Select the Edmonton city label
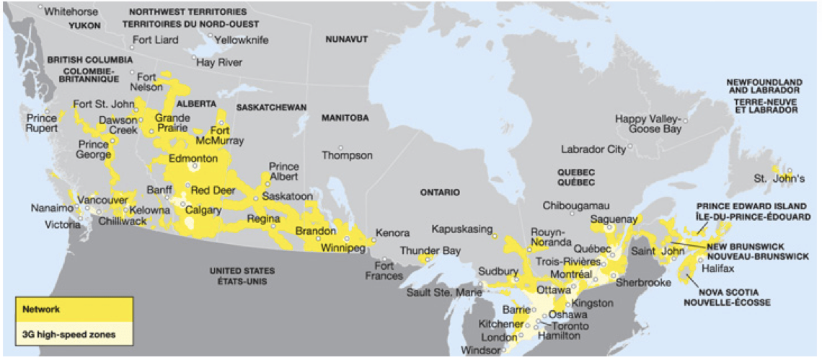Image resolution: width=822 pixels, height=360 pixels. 193,158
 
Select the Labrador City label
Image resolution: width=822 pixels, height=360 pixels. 593,149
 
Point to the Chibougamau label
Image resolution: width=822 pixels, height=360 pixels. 576,206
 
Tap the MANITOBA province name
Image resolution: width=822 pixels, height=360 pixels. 345,118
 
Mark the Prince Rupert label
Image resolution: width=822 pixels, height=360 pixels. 42,123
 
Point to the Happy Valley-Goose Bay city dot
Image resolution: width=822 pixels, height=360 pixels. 686,120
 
